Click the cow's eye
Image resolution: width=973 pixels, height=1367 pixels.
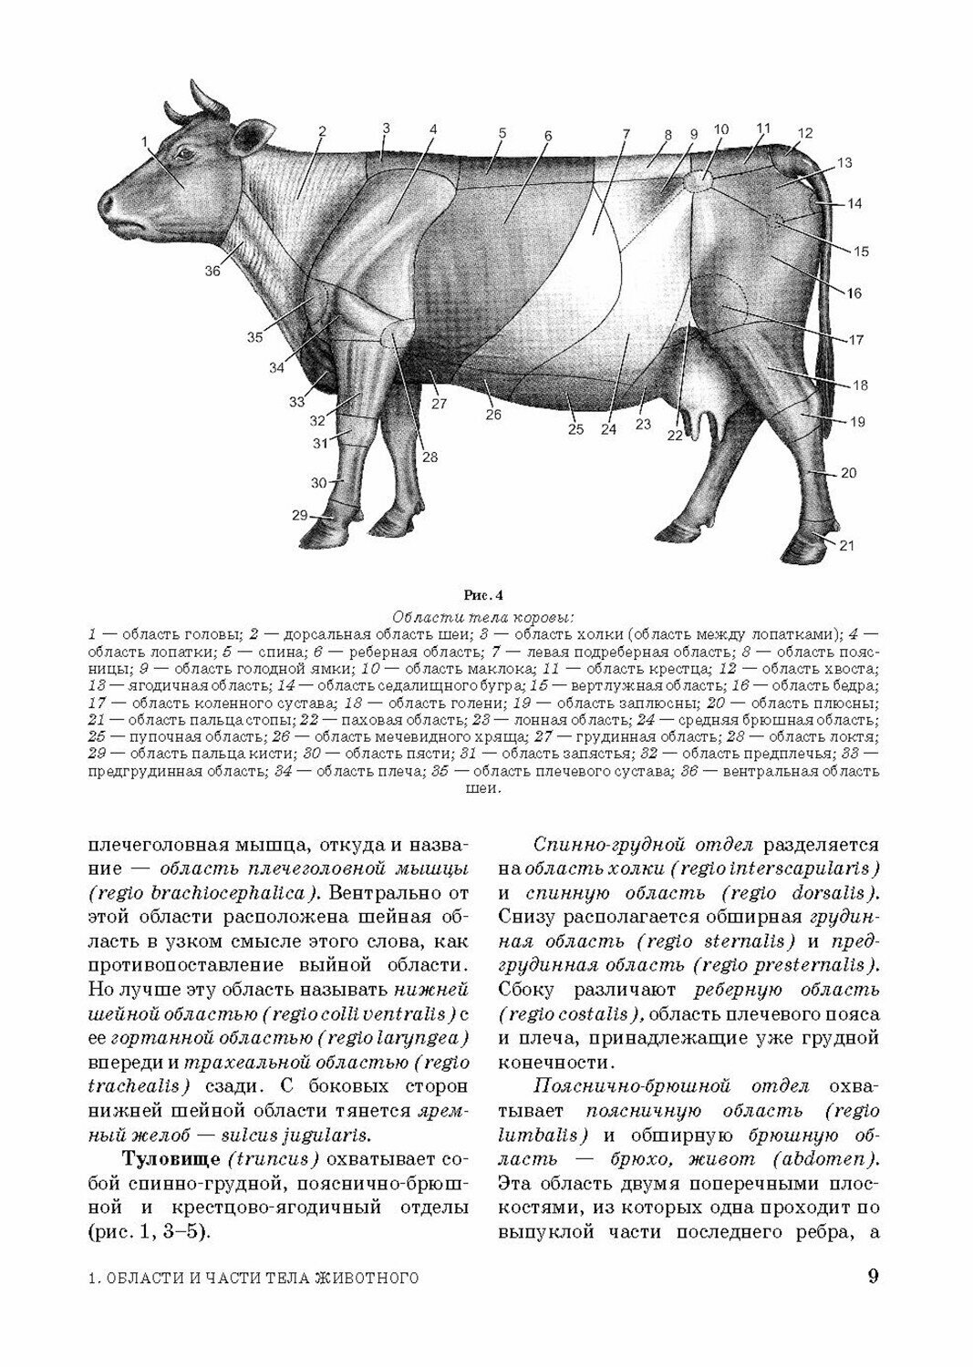(x=186, y=153)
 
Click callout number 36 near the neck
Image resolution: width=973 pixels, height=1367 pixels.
(x=212, y=271)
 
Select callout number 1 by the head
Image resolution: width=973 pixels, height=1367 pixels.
(x=144, y=140)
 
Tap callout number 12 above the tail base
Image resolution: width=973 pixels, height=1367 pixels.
(x=803, y=133)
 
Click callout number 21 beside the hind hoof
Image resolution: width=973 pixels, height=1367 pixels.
(x=846, y=546)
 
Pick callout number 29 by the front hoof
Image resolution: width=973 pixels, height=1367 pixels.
(x=300, y=516)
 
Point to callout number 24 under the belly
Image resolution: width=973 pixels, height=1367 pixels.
(x=608, y=429)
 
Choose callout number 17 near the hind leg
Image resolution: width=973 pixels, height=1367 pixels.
(x=855, y=341)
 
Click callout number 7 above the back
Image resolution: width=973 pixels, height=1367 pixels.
(x=626, y=134)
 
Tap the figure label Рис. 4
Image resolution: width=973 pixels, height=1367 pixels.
(x=486, y=597)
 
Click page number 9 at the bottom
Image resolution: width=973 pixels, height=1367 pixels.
(x=873, y=1276)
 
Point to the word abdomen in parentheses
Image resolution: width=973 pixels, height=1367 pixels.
(x=819, y=1160)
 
